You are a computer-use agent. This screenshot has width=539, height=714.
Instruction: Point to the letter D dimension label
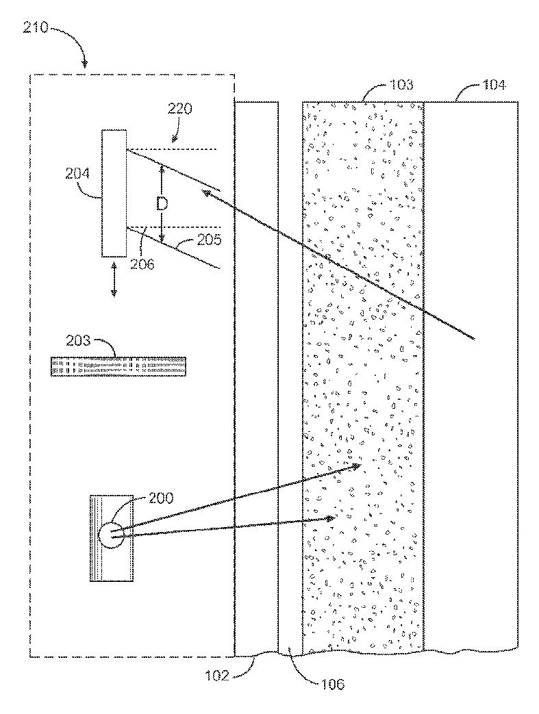(162, 203)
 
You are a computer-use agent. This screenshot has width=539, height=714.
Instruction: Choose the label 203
(81, 340)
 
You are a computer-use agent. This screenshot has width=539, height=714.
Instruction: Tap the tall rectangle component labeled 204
(114, 193)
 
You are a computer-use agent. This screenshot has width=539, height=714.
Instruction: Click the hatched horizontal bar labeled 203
(117, 366)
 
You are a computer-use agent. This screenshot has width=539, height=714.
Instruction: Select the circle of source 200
(112, 535)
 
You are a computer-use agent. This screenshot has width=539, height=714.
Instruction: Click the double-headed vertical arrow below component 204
(114, 279)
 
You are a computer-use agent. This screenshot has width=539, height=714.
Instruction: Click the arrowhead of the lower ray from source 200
(331, 518)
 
